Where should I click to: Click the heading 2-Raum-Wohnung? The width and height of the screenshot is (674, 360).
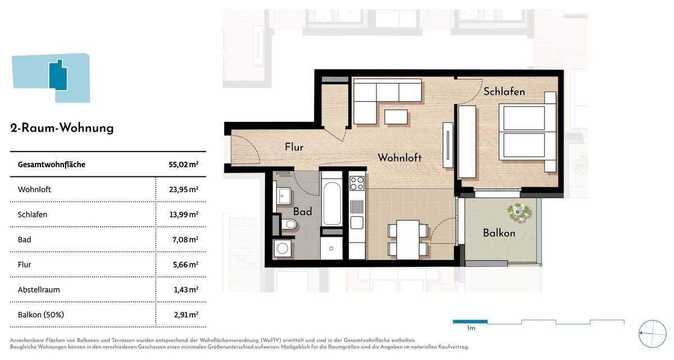(x=62, y=128)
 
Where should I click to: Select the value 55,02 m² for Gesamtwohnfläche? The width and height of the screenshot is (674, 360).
(x=183, y=165)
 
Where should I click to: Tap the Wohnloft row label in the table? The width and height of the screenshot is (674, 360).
(x=34, y=189)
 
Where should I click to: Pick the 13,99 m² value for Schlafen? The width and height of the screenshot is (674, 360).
(x=183, y=215)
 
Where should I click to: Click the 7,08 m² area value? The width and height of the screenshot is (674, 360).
(x=185, y=239)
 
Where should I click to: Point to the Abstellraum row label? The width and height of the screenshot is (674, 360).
(x=39, y=289)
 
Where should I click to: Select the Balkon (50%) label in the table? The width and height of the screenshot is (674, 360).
(x=41, y=315)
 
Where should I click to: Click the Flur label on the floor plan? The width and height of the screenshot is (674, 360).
(x=294, y=147)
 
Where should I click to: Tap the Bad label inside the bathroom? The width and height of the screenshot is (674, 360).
(x=302, y=212)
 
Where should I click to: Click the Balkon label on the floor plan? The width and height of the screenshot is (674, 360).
(x=499, y=233)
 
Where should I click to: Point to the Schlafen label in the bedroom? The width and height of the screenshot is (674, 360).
(x=504, y=92)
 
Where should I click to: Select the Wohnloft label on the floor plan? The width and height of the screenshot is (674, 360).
(x=399, y=158)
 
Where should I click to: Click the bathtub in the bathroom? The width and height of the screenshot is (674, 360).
(x=332, y=203)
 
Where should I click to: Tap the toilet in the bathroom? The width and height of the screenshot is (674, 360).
(x=289, y=225)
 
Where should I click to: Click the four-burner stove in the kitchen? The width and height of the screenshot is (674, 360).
(x=357, y=183)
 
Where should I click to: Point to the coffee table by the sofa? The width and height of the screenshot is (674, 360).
(x=397, y=117)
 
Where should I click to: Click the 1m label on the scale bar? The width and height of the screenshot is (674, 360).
(x=471, y=328)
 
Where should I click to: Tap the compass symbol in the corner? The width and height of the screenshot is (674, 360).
(x=652, y=334)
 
